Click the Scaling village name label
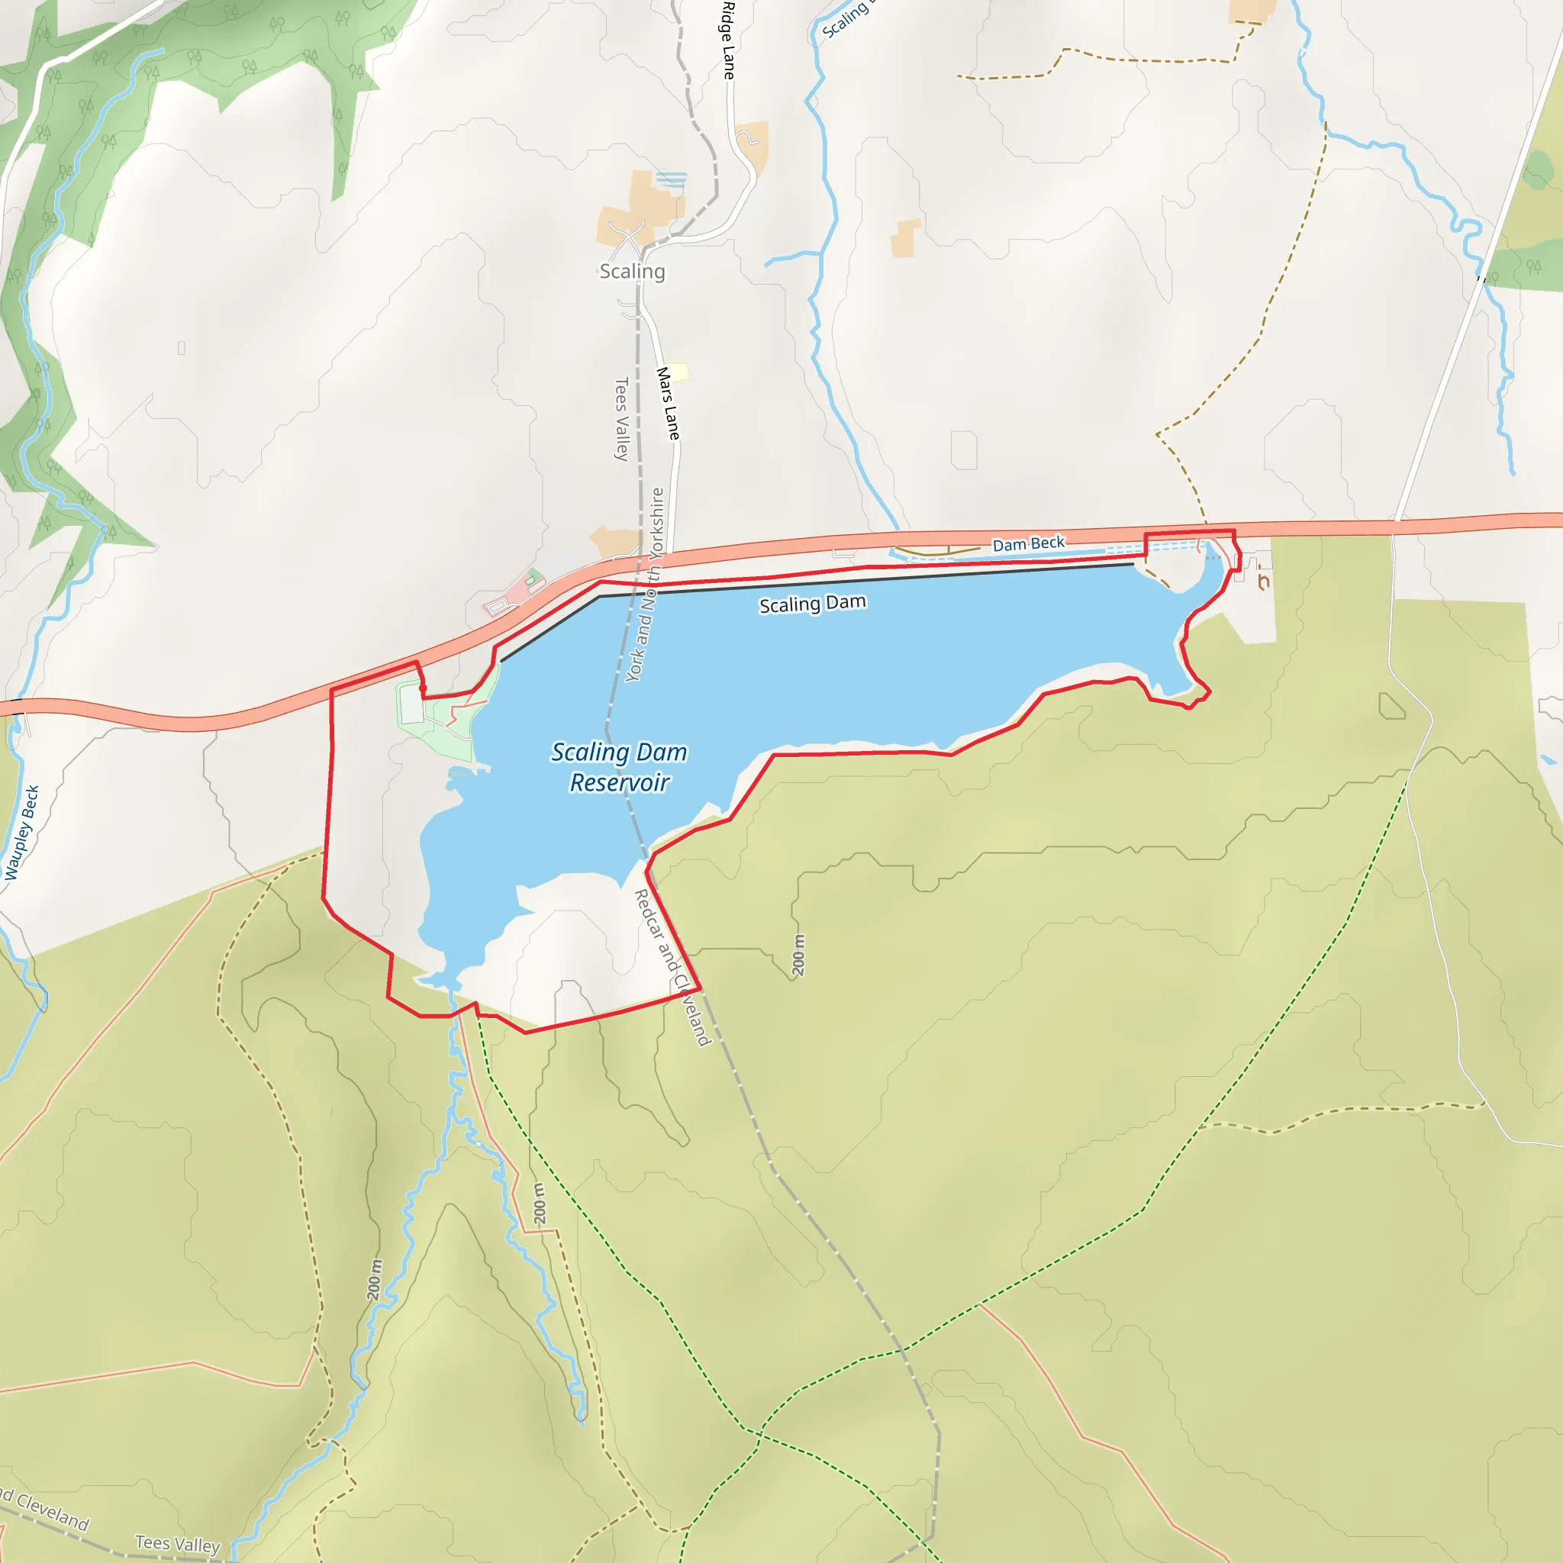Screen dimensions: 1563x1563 (x=632, y=271)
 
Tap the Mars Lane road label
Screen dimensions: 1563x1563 (x=668, y=403)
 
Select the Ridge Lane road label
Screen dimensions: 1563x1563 (x=728, y=40)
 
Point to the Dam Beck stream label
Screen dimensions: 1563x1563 (x=1028, y=543)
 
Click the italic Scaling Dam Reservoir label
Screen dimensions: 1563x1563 (x=620, y=767)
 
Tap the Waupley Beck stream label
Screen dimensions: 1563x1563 (x=22, y=832)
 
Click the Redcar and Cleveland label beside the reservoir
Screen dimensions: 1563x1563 (x=672, y=967)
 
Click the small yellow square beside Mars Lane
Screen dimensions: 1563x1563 (x=679, y=372)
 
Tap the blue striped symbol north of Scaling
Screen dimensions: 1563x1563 (x=672, y=179)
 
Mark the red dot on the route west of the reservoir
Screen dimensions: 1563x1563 (x=423, y=688)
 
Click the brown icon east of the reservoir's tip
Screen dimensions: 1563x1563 (x=1263, y=581)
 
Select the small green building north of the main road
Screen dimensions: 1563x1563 (x=530, y=581)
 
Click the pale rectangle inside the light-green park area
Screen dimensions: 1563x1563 (x=412, y=707)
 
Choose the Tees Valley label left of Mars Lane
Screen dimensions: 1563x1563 (x=621, y=418)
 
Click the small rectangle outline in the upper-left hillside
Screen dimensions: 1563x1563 (x=181, y=348)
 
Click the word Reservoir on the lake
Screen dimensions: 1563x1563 (x=620, y=783)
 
